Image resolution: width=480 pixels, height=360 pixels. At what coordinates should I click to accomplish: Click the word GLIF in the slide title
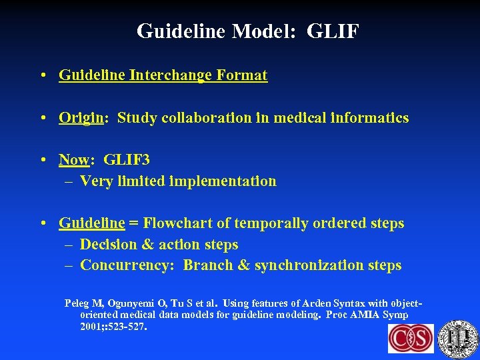(x=333, y=31)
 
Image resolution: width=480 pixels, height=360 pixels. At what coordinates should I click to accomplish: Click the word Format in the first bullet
(x=242, y=75)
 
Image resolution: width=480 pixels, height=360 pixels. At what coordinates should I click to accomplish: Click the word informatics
(x=370, y=118)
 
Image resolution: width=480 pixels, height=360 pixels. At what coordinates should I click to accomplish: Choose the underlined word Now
(x=73, y=160)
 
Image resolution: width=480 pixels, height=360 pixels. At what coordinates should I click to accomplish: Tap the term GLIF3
(x=127, y=160)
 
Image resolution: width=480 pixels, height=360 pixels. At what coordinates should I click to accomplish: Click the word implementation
(x=225, y=181)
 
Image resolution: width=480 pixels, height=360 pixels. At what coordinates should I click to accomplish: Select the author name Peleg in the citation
(x=77, y=303)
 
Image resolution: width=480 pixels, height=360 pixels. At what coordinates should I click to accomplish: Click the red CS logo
(x=411, y=338)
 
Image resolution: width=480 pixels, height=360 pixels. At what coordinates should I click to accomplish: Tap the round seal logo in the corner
(x=459, y=338)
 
